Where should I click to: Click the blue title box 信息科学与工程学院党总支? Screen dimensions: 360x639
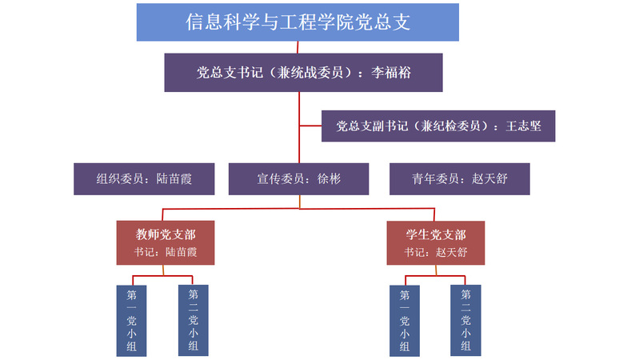298,22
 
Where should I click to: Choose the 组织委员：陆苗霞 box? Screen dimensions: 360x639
144,179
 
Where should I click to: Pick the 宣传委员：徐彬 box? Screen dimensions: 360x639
298,179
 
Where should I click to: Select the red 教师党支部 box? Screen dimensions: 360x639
166,242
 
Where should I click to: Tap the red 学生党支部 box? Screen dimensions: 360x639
436,242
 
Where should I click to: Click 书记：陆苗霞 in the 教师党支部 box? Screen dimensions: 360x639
166,252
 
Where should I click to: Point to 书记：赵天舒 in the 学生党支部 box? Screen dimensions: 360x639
436,252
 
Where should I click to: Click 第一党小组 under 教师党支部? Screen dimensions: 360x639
132,320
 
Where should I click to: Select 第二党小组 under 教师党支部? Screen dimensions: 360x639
193,320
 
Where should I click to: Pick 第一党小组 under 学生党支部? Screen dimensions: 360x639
405,320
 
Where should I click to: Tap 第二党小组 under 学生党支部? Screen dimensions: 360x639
465,320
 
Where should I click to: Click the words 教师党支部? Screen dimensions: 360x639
166,234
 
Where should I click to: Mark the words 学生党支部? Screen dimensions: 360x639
436,234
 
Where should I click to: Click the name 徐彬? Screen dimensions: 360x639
329,179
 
